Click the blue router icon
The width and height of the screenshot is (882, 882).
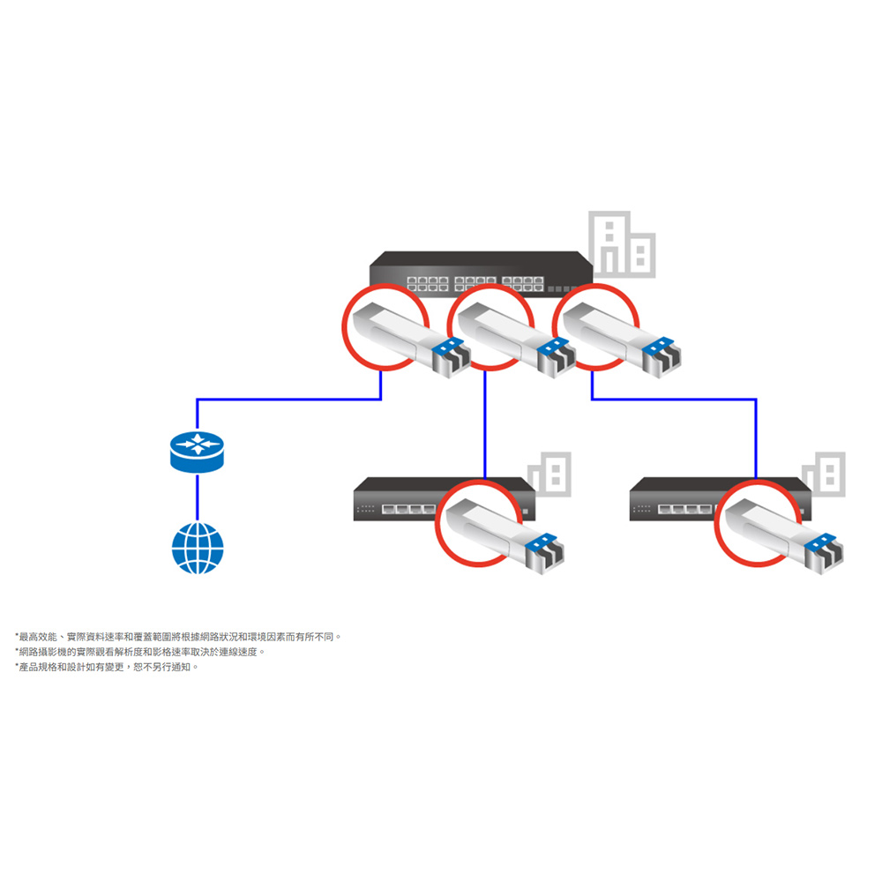coord(197,449)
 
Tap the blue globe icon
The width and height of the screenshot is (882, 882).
coord(198,548)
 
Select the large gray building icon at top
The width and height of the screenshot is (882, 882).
coord(622,243)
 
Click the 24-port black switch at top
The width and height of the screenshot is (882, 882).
coord(481,267)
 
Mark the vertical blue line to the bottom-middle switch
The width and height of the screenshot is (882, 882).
coord(485,423)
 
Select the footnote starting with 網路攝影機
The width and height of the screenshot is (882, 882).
coord(140,652)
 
